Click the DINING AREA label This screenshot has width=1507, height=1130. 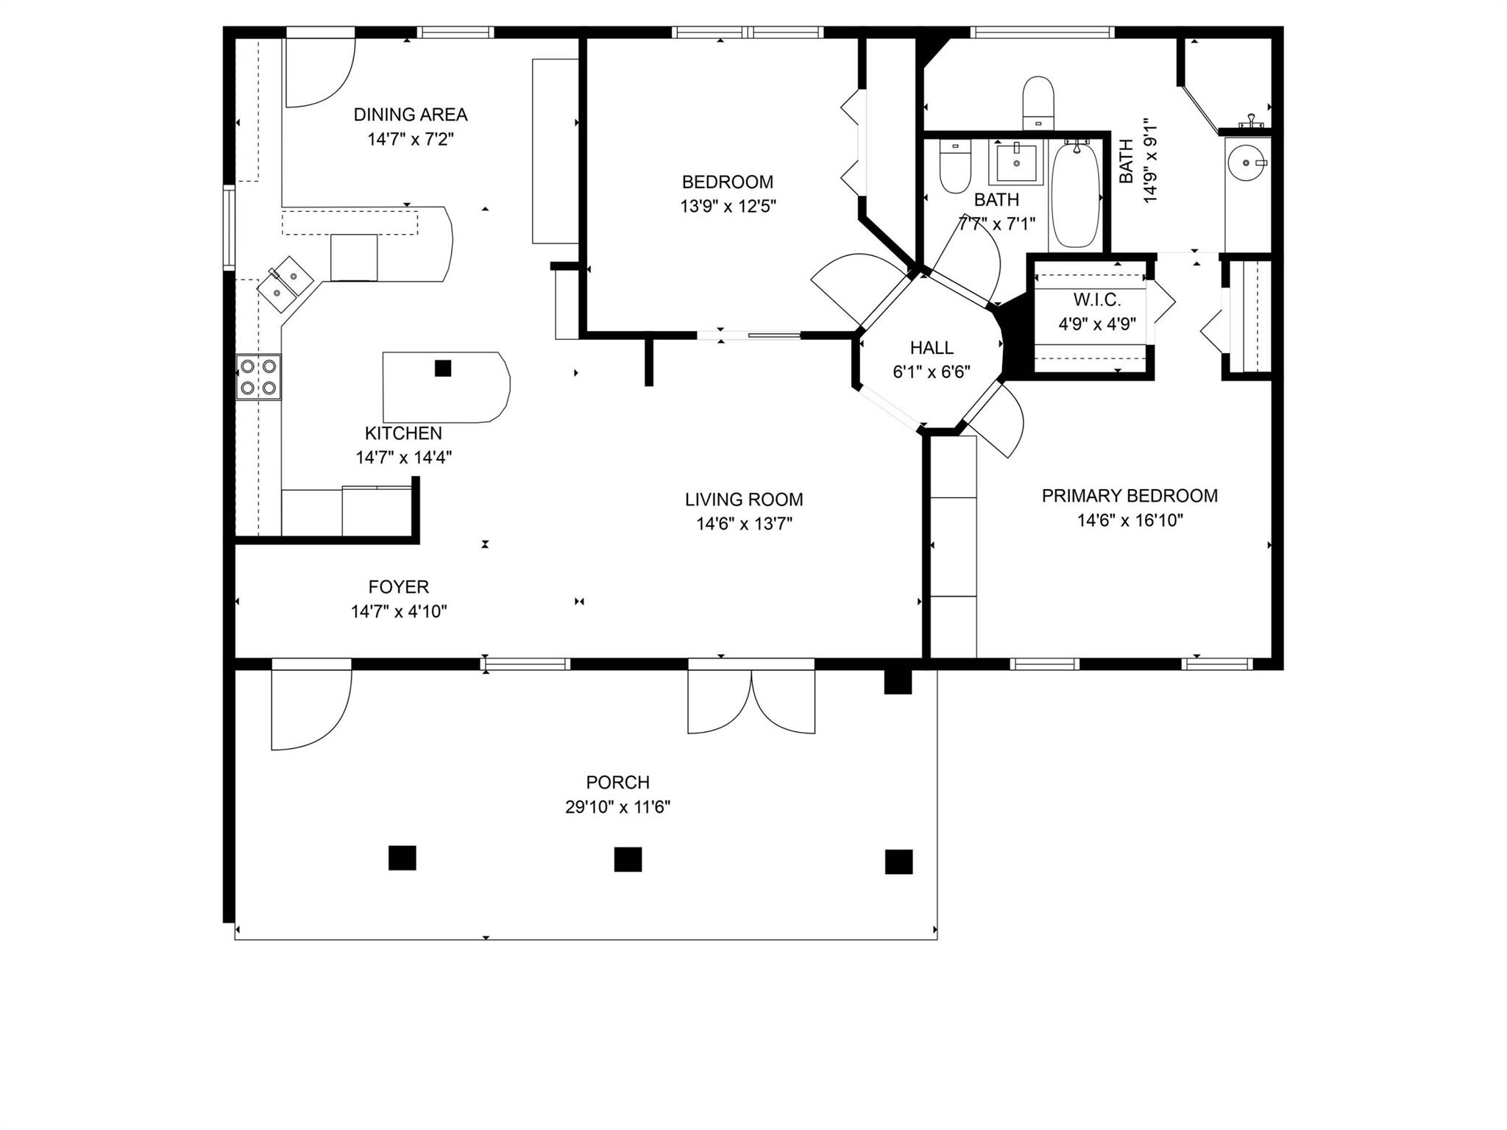[x=410, y=115]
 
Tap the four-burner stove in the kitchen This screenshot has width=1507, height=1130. [x=258, y=377]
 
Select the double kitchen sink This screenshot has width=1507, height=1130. [x=286, y=284]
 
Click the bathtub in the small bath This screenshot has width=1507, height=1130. [x=1075, y=195]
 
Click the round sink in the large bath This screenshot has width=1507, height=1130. [x=1247, y=162]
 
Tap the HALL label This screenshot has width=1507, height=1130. [x=932, y=347]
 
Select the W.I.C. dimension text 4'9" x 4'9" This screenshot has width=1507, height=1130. [x=1096, y=324]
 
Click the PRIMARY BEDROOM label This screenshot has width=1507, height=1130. [x=1130, y=496]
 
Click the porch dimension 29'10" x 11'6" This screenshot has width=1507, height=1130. [x=617, y=807]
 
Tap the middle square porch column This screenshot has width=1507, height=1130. [x=628, y=859]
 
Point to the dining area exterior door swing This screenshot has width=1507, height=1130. [x=319, y=72]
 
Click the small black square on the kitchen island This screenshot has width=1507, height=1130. [x=442, y=368]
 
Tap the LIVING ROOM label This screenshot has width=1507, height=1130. [x=744, y=500]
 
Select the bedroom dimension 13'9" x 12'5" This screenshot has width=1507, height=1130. [x=728, y=206]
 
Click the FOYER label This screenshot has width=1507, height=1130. [x=398, y=587]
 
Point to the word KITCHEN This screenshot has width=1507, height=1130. [x=403, y=433]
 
